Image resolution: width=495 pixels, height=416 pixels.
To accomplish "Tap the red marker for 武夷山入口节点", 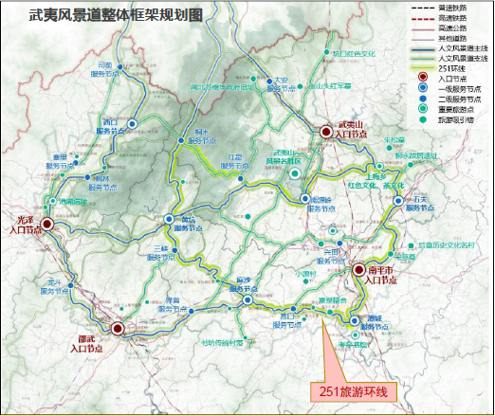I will [x=327, y=132].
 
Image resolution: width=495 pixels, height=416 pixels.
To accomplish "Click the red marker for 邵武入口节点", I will [x=118, y=329].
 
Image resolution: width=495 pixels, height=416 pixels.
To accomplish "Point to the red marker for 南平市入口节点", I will [x=359, y=270].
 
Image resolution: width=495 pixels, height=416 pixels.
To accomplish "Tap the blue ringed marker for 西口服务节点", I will [x=133, y=123].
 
